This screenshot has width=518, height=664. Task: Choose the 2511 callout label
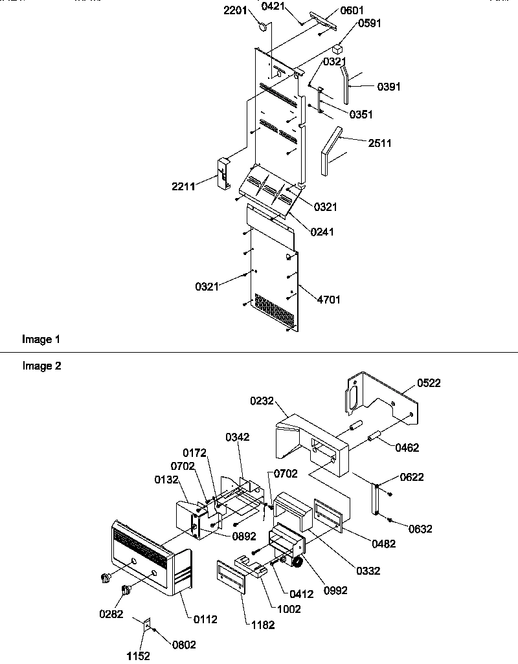pos(379,143)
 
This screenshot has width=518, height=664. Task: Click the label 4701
pos(328,300)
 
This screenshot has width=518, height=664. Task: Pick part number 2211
pos(184,187)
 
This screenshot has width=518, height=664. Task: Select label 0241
pos(322,232)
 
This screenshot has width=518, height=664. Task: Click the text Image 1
pos(41,338)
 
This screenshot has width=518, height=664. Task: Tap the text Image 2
pos(41,366)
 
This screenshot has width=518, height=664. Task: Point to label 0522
pos(428,383)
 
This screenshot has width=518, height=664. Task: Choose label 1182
pos(262,625)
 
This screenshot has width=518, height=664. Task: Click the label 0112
pos(205,619)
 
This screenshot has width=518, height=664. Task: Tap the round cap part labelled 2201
pos(264,27)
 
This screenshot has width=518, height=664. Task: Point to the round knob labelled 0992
pos(298,564)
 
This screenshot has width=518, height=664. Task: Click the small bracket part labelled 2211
pos(223,172)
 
